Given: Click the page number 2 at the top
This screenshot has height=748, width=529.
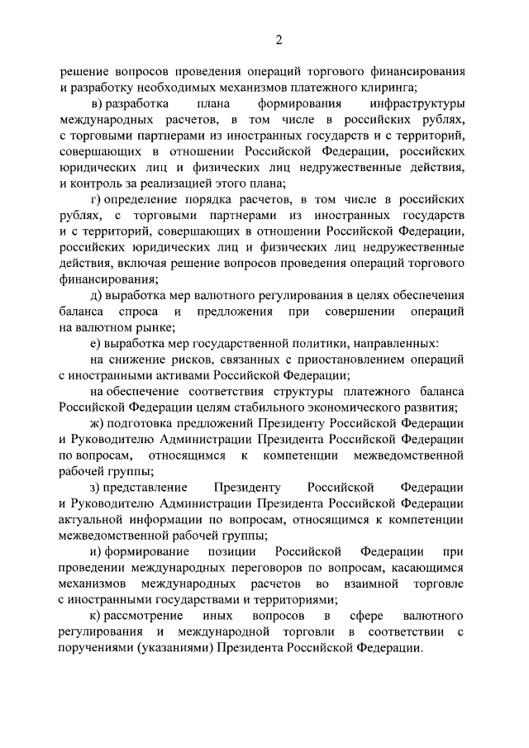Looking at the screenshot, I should (x=279, y=39).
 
